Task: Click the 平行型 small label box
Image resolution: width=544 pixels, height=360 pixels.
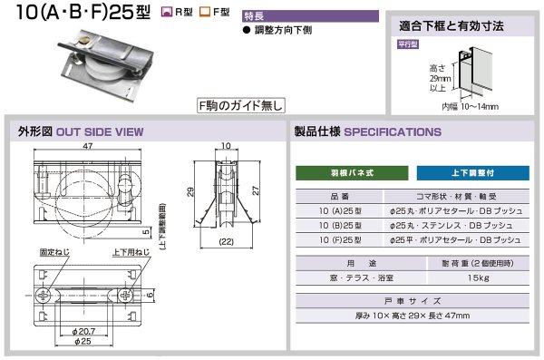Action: click(409, 43)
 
